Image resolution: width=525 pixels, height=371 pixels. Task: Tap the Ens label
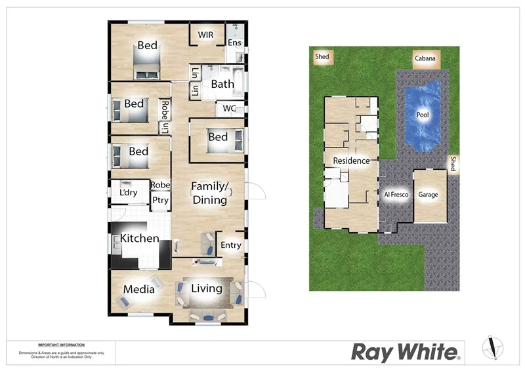234,43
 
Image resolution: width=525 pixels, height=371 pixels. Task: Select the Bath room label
222,84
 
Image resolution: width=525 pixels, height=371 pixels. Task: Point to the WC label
230,108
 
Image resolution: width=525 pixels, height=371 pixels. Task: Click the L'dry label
129,193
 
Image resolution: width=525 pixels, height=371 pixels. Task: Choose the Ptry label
160,201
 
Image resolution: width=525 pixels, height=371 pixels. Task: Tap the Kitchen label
140,238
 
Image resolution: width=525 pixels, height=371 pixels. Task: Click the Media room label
139,289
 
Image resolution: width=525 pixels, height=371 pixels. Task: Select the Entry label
231,245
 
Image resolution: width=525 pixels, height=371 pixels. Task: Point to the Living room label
207,288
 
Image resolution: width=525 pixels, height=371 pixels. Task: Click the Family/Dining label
209,193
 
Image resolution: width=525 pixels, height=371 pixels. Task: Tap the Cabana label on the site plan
425,58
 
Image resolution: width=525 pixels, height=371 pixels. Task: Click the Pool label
423,115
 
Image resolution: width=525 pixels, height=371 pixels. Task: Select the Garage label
429,195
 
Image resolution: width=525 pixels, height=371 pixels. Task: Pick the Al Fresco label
396,195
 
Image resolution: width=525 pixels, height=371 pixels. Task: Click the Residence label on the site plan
351,161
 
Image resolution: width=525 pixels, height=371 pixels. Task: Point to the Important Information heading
61,345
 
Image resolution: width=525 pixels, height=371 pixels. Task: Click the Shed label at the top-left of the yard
322,57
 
